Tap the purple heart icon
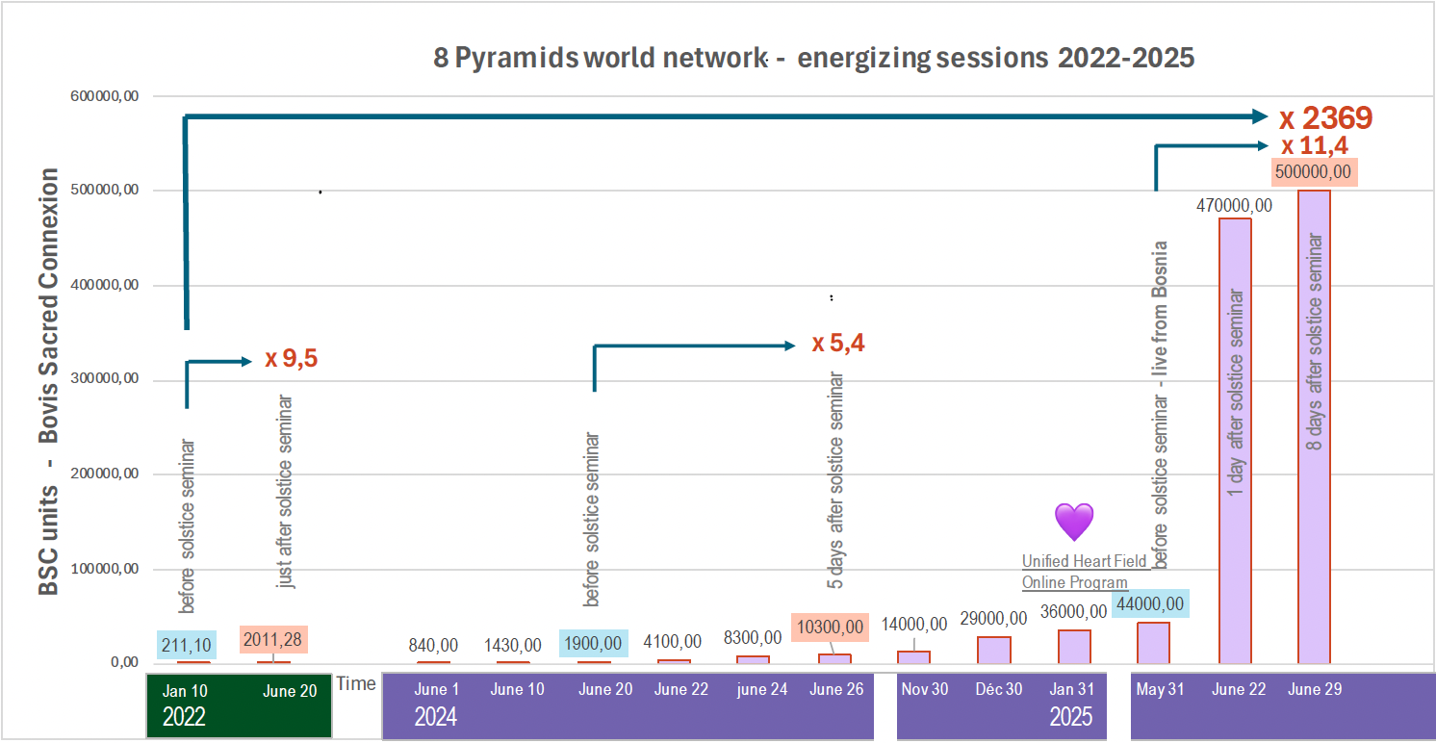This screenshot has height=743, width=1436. click(x=1074, y=521)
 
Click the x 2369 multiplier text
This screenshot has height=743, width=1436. click(x=1325, y=118)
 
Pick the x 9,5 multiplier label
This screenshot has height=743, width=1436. click(x=291, y=360)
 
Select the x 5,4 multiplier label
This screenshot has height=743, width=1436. click(x=837, y=344)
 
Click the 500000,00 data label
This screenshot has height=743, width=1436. click(x=1314, y=173)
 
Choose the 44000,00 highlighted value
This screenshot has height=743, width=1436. click(x=1150, y=603)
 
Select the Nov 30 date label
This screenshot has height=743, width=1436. click(x=925, y=689)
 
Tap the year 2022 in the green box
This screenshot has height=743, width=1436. click(x=184, y=716)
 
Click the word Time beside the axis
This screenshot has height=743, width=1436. click(x=356, y=683)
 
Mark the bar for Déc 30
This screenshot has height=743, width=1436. click(x=994, y=650)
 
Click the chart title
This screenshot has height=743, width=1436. click(x=813, y=58)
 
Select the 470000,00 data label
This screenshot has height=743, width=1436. click(x=1235, y=205)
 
